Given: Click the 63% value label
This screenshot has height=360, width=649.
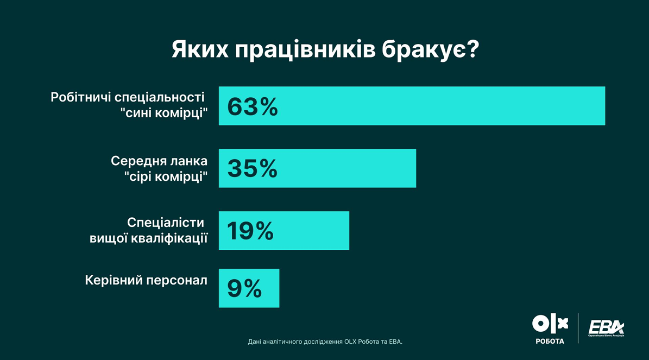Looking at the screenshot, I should pyautogui.click(x=252, y=106).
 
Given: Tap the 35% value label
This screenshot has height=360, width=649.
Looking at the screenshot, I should pyautogui.click(x=252, y=168).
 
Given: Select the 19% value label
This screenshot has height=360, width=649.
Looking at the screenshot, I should pyautogui.click(x=250, y=231).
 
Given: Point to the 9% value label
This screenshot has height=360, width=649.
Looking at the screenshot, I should pyautogui.click(x=244, y=288).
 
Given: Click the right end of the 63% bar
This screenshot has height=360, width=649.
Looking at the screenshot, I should pyautogui.click(x=603, y=106).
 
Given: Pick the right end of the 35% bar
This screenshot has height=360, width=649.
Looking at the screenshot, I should pyautogui.click(x=414, y=168).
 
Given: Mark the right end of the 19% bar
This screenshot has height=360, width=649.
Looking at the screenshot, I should pyautogui.click(x=348, y=231).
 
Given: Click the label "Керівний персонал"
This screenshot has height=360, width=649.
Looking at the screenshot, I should pyautogui.click(x=146, y=281).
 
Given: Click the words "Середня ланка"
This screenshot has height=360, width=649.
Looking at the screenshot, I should pyautogui.click(x=159, y=161).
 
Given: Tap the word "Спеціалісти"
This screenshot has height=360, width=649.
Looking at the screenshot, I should pyautogui.click(x=166, y=223).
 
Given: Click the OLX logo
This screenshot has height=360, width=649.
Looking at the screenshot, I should pyautogui.click(x=550, y=324).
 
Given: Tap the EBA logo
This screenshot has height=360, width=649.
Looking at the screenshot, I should pyautogui.click(x=606, y=327).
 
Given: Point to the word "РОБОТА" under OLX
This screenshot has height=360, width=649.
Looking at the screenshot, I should pyautogui.click(x=550, y=341).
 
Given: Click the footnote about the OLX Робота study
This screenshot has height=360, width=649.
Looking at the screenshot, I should pyautogui.click(x=325, y=342).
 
